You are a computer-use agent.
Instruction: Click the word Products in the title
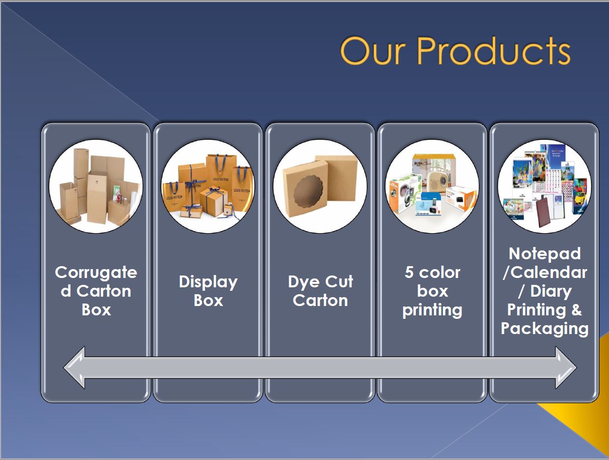click(493, 51)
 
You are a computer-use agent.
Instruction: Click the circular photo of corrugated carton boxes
click(96, 186)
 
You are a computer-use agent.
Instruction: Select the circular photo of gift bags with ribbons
click(208, 186)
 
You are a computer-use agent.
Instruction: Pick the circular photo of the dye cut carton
click(320, 186)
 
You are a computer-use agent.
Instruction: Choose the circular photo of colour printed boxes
click(432, 186)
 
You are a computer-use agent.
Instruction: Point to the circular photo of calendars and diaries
click(544, 186)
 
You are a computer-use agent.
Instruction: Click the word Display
click(208, 282)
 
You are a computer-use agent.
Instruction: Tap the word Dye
click(304, 282)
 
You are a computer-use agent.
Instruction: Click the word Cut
click(339, 281)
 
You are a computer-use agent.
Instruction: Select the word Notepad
click(545, 254)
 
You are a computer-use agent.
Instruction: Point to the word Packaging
click(545, 329)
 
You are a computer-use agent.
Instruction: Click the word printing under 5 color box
click(432, 310)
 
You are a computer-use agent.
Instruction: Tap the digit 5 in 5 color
click(409, 273)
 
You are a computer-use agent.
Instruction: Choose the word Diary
click(551, 292)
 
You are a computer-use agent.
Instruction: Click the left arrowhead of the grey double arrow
click(74, 368)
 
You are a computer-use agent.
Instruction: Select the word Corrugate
click(96, 273)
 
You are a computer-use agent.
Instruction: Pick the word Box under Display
click(208, 301)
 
